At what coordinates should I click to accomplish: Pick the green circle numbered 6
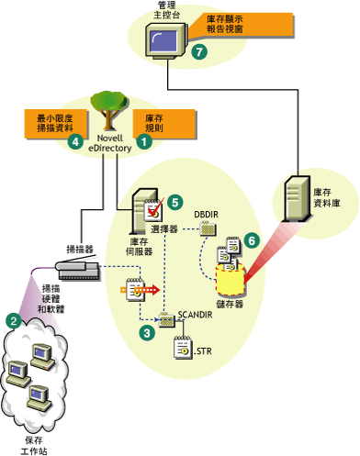(251, 236)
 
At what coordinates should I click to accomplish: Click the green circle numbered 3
(146, 334)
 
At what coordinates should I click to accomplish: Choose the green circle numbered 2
(13, 320)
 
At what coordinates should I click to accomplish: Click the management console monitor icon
(163, 42)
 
